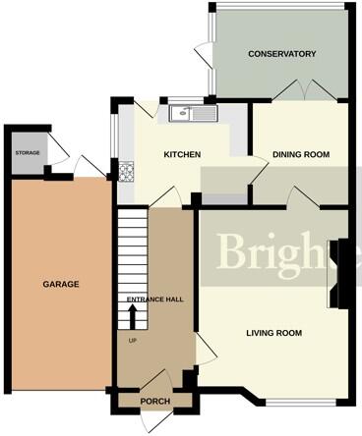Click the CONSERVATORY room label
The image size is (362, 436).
(281, 54)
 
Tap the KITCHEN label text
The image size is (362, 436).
(182, 154)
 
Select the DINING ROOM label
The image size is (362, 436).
(300, 154)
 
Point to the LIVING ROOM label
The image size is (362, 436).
(273, 333)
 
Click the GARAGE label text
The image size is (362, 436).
(60, 284)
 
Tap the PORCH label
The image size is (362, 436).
(156, 401)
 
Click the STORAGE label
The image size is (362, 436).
(27, 154)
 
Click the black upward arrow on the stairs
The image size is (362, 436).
(132, 317)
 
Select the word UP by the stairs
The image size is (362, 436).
(132, 340)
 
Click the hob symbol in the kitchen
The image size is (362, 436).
(126, 173)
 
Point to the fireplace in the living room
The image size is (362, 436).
(340, 270)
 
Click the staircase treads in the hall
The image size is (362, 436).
(132, 255)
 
